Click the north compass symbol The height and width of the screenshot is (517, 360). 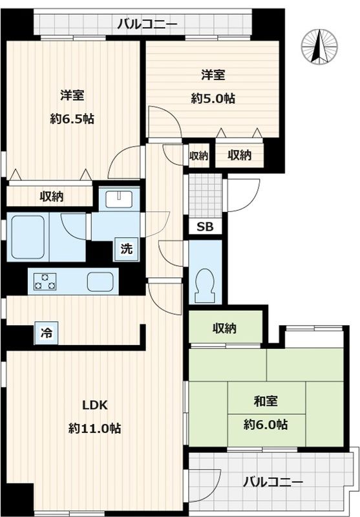319,47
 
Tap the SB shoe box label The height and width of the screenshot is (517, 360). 205,227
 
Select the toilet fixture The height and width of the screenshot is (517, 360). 205,286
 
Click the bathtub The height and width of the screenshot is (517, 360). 28,237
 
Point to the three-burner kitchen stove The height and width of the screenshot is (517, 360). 45,281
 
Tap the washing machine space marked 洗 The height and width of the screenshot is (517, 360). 126,249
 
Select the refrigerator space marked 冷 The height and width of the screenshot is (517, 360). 46,333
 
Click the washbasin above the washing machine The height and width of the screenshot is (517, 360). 119,199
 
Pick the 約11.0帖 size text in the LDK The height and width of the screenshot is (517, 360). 94,428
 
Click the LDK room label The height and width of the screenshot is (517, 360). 94,405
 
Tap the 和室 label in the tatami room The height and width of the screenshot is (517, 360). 266,401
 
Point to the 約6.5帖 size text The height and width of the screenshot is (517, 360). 72,119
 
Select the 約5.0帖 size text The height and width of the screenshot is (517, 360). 213,98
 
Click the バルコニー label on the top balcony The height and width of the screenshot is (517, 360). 148,24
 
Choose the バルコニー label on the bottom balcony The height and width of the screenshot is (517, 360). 273,483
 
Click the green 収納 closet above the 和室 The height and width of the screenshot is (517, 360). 226,328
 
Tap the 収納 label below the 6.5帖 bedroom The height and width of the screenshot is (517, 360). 52,197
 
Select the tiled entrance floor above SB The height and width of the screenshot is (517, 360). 205,195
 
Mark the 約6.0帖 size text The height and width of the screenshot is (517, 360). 266,425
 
